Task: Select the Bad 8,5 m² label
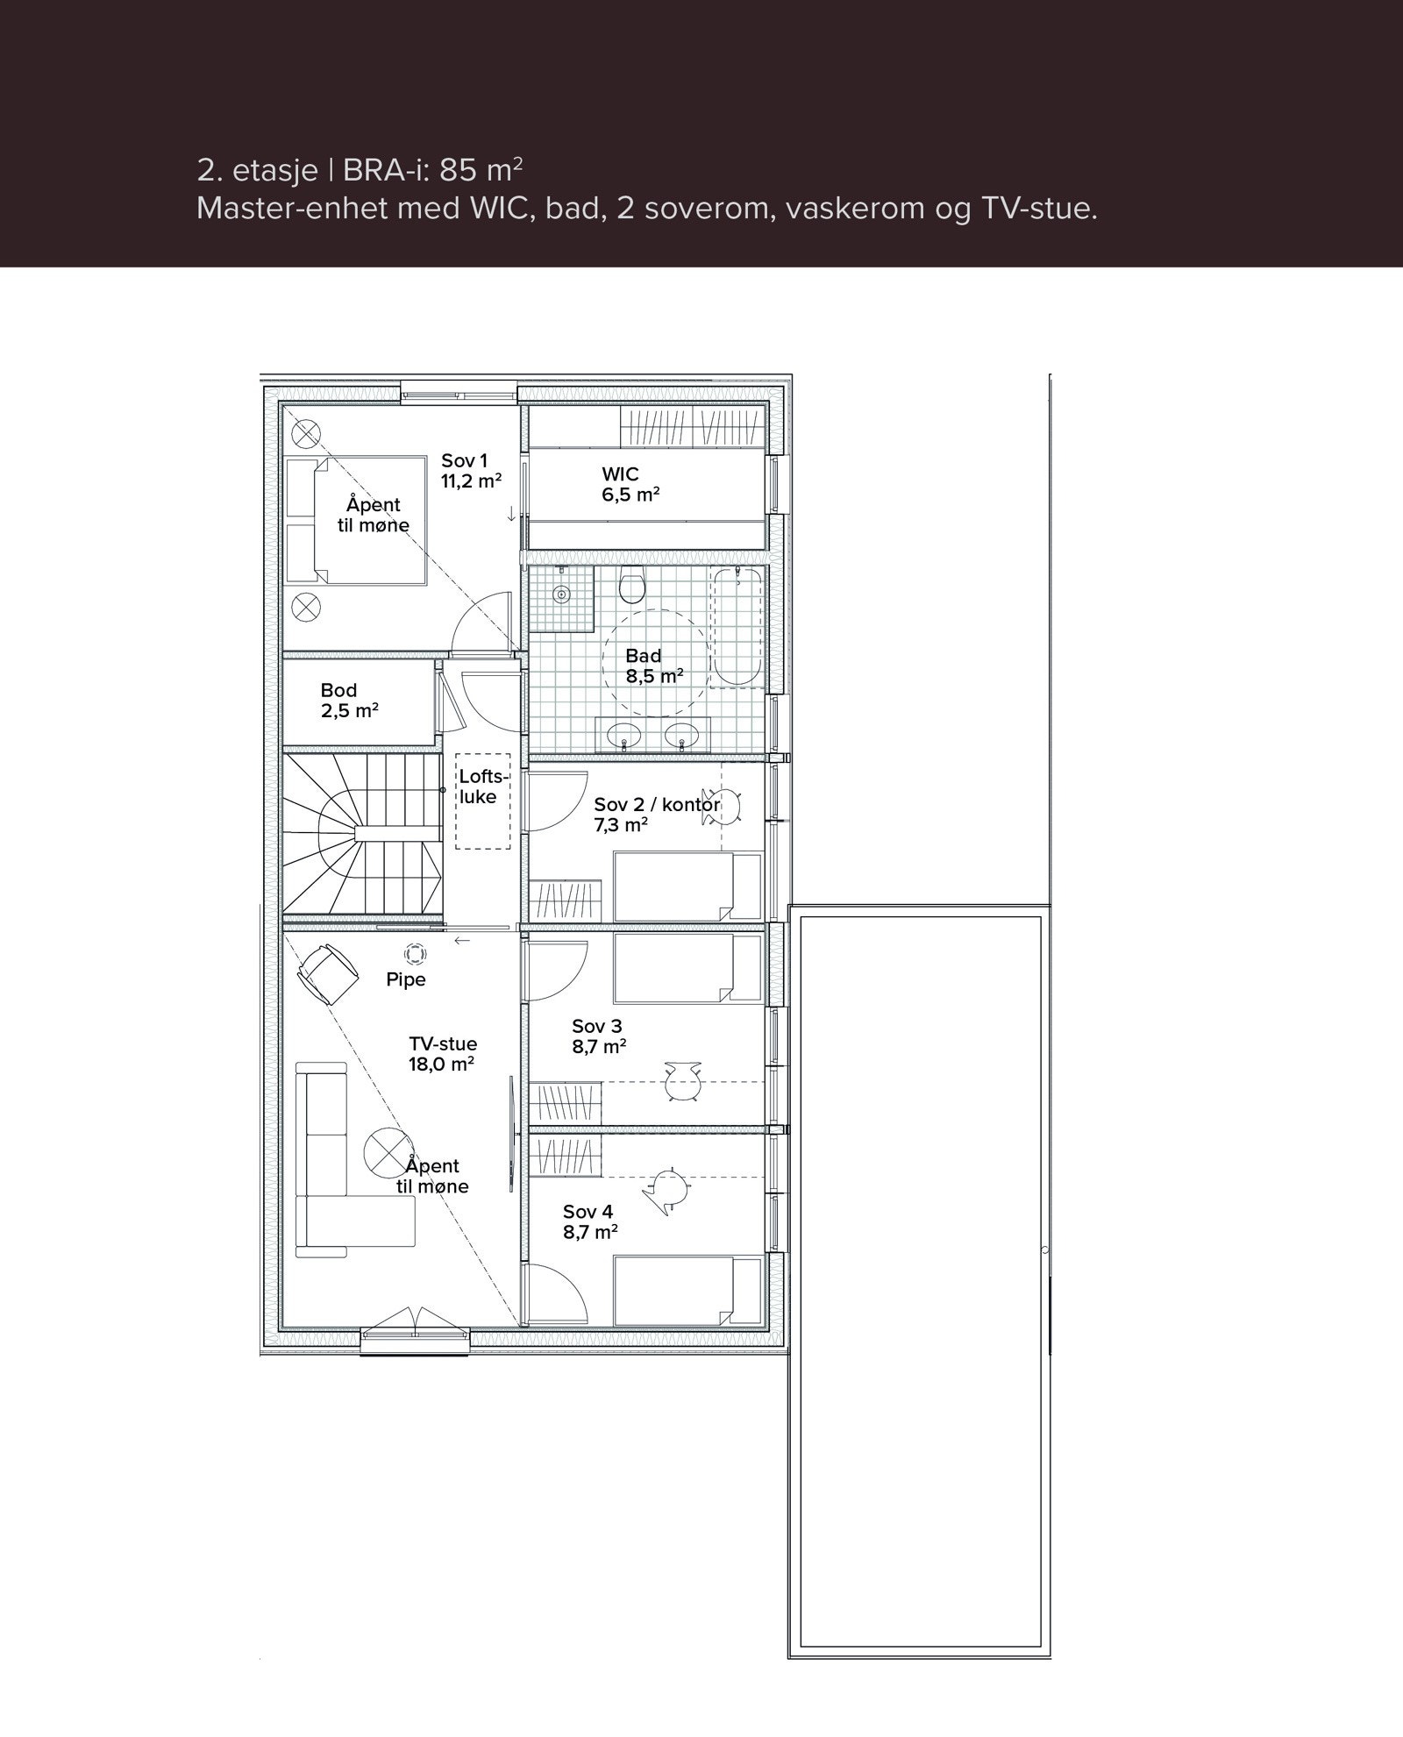click(x=653, y=666)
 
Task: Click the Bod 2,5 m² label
click(x=349, y=701)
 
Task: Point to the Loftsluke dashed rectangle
click(x=483, y=801)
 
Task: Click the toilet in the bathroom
click(x=631, y=585)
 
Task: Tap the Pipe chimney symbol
click(x=414, y=954)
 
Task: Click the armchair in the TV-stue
click(x=327, y=973)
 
